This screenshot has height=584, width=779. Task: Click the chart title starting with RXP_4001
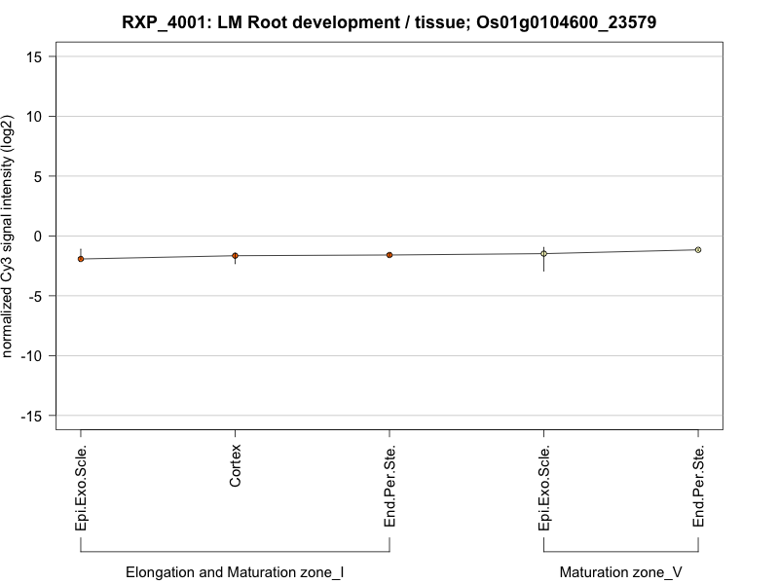(x=389, y=21)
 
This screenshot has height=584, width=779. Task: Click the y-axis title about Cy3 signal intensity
(x=9, y=236)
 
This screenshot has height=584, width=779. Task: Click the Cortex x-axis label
(x=236, y=466)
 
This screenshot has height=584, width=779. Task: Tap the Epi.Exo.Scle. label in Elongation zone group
(x=81, y=488)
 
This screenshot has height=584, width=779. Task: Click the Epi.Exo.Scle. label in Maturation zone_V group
(x=544, y=488)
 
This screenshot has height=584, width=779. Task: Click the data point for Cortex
(x=235, y=256)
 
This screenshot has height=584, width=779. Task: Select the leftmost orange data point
(x=81, y=259)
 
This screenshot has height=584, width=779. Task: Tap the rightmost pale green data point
(x=698, y=250)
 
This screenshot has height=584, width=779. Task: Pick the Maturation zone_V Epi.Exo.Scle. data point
(x=544, y=253)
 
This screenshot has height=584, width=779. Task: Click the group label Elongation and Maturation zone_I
(x=235, y=572)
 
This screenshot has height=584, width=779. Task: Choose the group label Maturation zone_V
(x=621, y=572)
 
